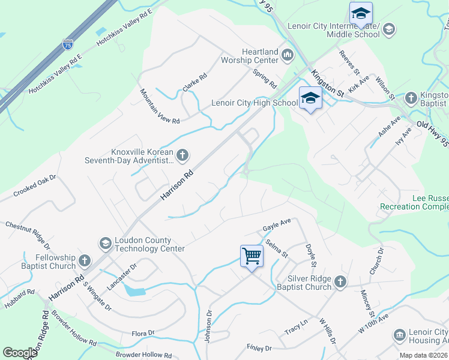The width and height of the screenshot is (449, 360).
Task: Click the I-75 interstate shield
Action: pyautogui.click(x=68, y=44)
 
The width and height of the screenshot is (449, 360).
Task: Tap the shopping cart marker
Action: pyautogui.click(x=252, y=256)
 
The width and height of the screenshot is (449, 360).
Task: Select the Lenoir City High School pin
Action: pyautogui.click(x=310, y=98)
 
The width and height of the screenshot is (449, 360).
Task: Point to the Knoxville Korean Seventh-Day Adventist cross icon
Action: pyautogui.click(x=183, y=156)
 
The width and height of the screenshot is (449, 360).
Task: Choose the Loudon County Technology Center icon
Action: pyautogui.click(x=105, y=242)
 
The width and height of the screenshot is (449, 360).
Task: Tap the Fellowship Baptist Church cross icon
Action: pyautogui.click(x=85, y=261)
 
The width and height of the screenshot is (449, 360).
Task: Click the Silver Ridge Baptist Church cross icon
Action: pyautogui.click(x=340, y=281)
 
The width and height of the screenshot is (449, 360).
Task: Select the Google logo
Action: pyautogui.click(x=20, y=353)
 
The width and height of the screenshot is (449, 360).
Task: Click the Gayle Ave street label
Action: pyautogui.click(x=277, y=225)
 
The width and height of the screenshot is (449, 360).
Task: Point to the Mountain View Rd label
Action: pyautogui.click(x=160, y=106)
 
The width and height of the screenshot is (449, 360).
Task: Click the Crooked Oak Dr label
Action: pyautogui.click(x=34, y=186)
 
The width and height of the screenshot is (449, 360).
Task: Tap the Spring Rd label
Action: pyautogui.click(x=264, y=77)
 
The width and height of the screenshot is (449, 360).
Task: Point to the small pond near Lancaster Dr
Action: pyautogui.click(x=134, y=291)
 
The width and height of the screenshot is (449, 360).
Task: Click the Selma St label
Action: pyautogui.click(x=276, y=250)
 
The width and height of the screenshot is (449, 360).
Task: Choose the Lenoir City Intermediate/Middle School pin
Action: pyautogui.click(x=361, y=13)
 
